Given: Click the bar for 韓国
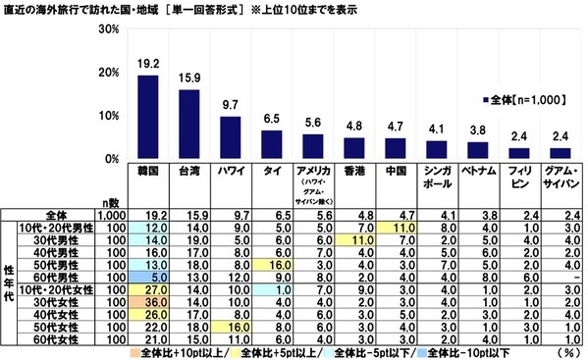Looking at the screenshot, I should point(146,117).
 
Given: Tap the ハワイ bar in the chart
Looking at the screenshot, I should point(230,137).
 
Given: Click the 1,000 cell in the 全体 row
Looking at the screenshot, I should point(111,211).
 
